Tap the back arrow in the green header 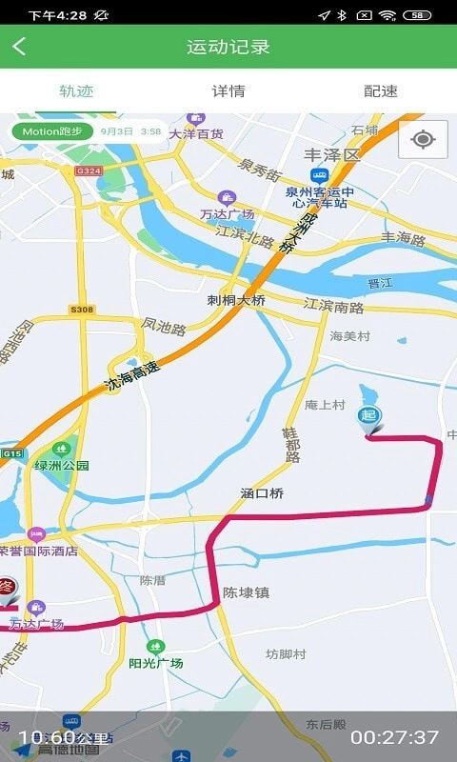coord(19,47)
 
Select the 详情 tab coord(228,91)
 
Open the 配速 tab coord(381,91)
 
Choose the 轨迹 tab coord(76,91)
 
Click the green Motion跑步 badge coord(52,131)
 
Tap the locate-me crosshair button coord(423,140)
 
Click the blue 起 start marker coord(368,417)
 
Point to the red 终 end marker coord(7,589)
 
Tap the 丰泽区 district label coord(332,154)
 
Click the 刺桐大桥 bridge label coord(236,299)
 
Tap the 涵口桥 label coord(263,493)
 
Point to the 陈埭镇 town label coord(246,592)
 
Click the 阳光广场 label coord(155,663)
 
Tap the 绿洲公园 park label coord(62,465)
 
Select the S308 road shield coord(82,310)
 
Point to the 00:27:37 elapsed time coord(394,737)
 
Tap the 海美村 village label coord(349,336)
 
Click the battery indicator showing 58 coord(417,15)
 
